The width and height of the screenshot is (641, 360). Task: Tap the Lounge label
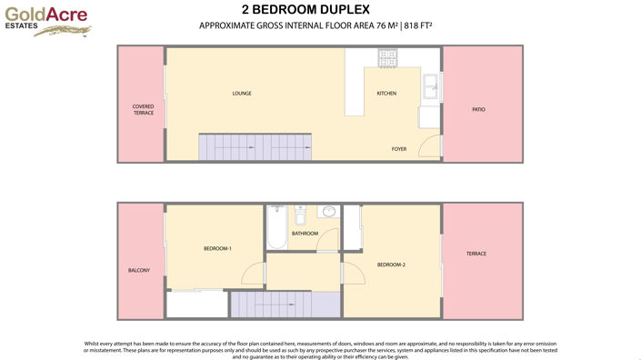[x=242, y=93]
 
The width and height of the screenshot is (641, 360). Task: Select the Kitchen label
[x=386, y=94]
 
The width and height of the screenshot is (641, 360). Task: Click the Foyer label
[x=399, y=148]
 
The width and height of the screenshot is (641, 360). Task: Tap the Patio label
[x=478, y=109]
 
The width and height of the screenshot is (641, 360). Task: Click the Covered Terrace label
[x=143, y=109]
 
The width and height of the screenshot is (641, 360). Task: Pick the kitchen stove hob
[x=387, y=56]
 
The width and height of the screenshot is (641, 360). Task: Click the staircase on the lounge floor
[x=255, y=146]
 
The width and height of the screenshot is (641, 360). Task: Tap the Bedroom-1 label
[x=217, y=248]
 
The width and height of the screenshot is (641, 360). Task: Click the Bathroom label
[x=305, y=233]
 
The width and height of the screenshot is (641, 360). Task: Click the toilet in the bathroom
[x=301, y=215]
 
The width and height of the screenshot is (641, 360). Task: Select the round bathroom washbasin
[x=327, y=213]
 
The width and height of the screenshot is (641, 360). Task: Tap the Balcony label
[x=139, y=270]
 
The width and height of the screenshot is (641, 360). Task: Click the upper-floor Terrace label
[x=476, y=254]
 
